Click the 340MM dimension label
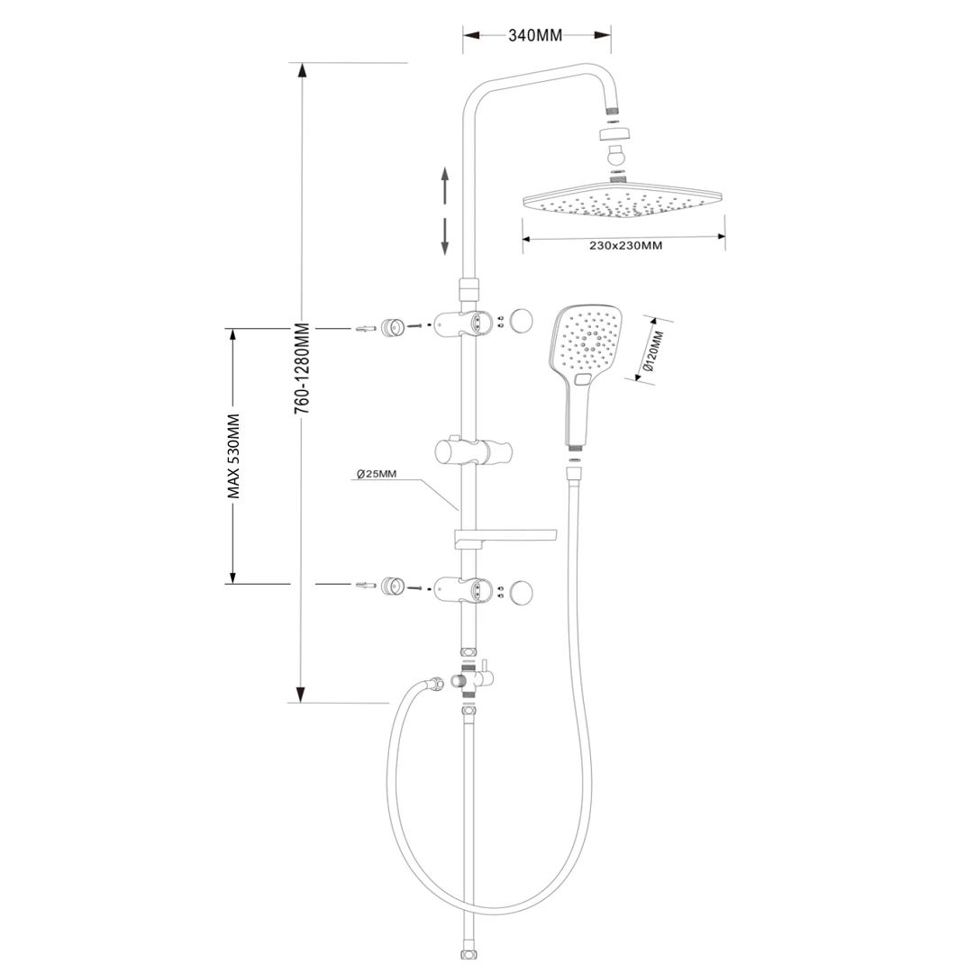pyautogui.click(x=535, y=36)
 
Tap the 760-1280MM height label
pyautogui.click(x=303, y=368)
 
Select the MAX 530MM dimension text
pyautogui.click(x=233, y=455)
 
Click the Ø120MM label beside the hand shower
pyautogui.click(x=655, y=351)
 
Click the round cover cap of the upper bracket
pyautogui.click(x=520, y=321)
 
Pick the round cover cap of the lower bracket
pyautogui.click(x=520, y=591)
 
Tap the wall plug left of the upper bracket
pyautogui.click(x=366, y=329)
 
